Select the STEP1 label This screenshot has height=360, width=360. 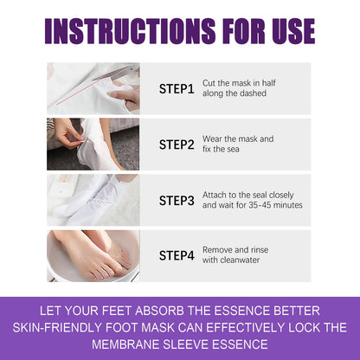tap(177, 89)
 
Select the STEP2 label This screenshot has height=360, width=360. tap(177, 145)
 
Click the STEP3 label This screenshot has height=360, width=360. tap(177, 201)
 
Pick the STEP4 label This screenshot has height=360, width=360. tap(177, 256)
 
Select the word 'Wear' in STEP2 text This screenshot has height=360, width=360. tap(213, 138)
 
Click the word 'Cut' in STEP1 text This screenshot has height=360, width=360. tap(209, 83)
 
